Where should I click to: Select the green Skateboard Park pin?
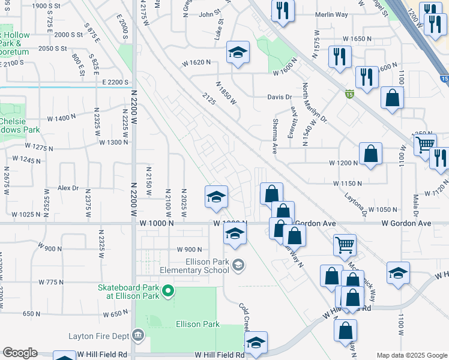coord(169,292)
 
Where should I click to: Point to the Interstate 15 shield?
coord(349,93)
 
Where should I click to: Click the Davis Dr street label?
coord(280,97)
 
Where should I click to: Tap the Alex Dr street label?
coord(68,188)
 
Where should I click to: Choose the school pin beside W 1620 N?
coord(238,53)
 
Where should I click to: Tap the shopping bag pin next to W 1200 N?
coord(371,154)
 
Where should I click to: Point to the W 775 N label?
coord(51,281)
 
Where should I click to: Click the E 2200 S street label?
coord(116,82)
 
